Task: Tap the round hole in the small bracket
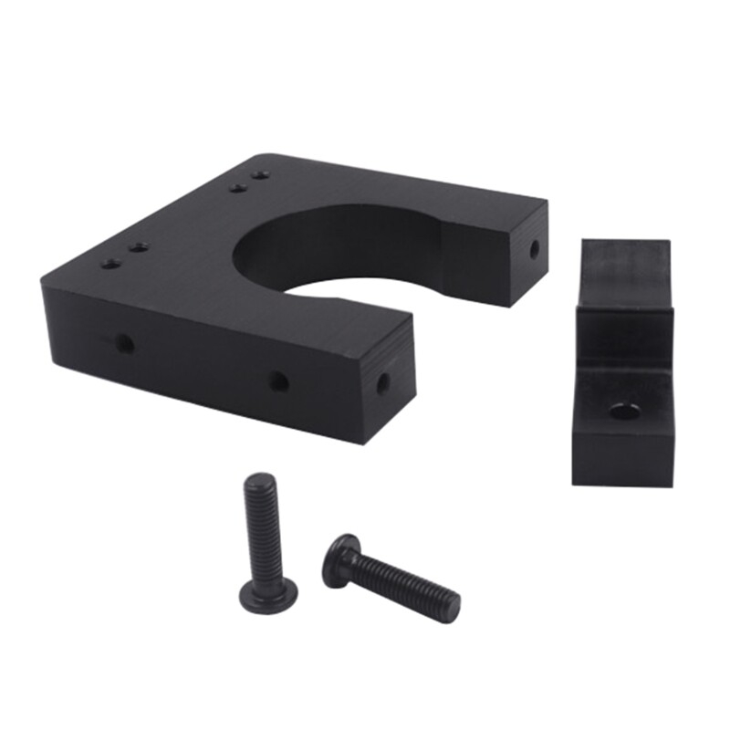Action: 622,411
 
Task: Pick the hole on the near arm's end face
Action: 383,382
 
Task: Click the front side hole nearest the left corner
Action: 123,344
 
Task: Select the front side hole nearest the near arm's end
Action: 278,381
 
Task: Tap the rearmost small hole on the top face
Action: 261,173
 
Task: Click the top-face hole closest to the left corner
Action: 111,263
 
